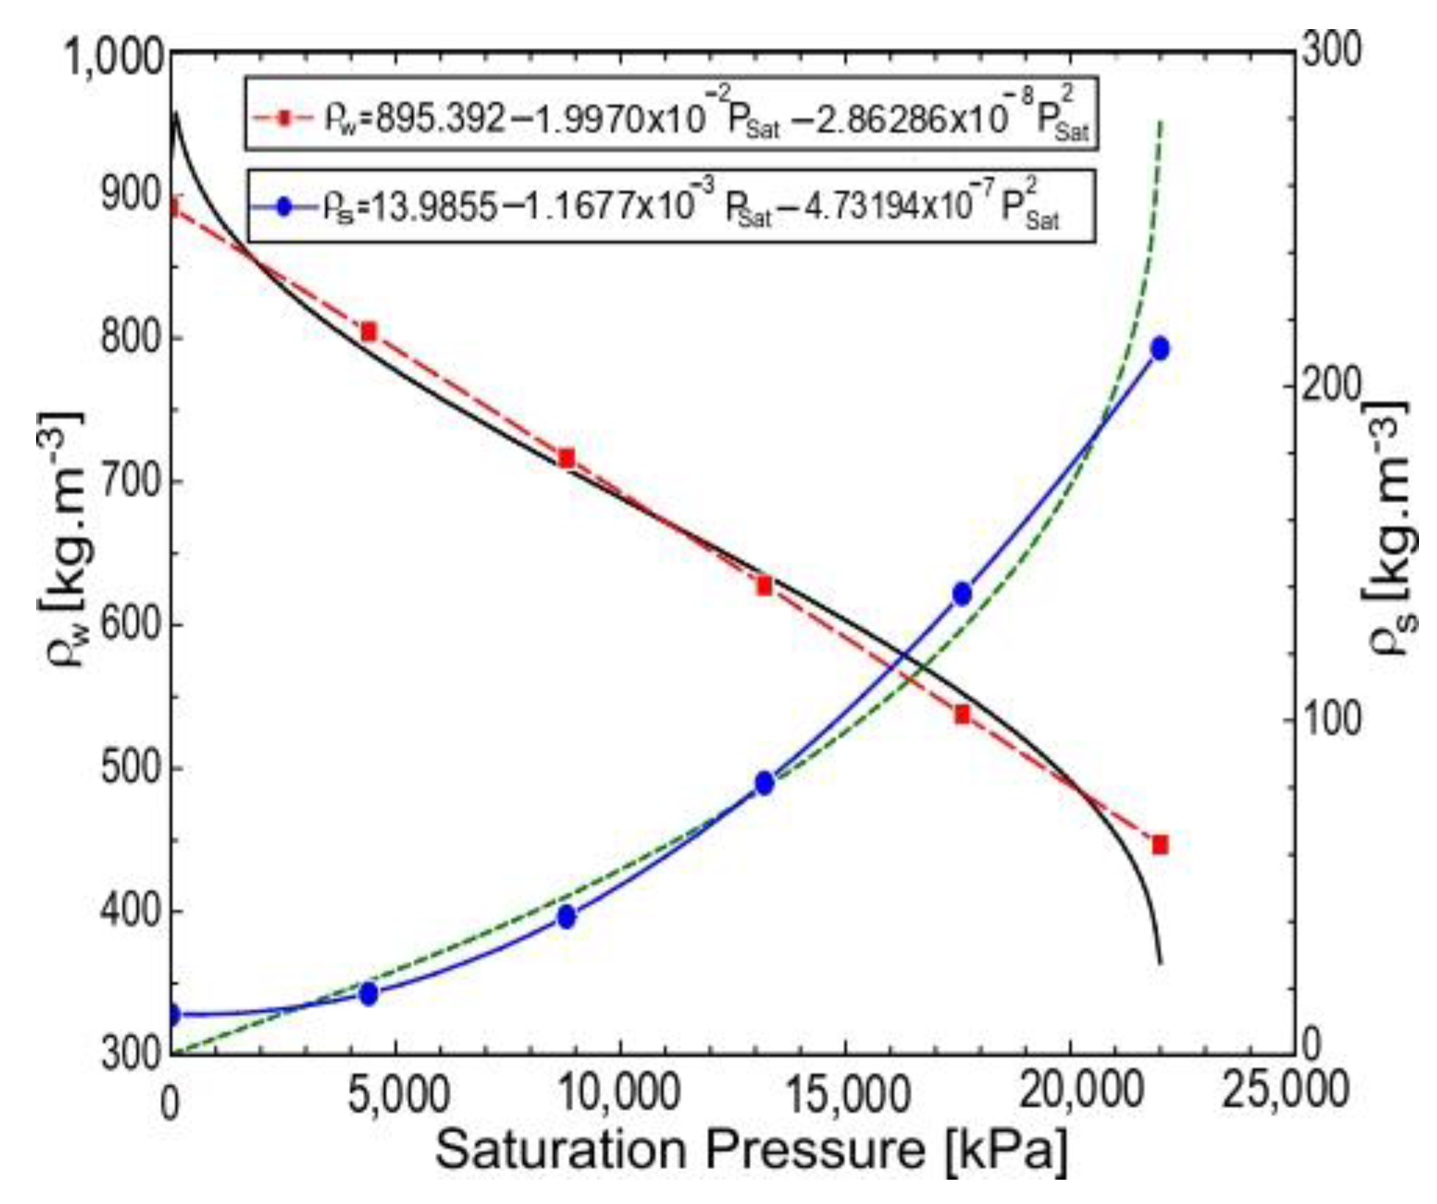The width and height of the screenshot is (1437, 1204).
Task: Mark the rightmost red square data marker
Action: coord(1160,845)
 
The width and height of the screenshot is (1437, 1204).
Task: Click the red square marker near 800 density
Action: coord(368,331)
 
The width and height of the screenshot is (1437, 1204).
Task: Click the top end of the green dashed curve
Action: coord(1161,123)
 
